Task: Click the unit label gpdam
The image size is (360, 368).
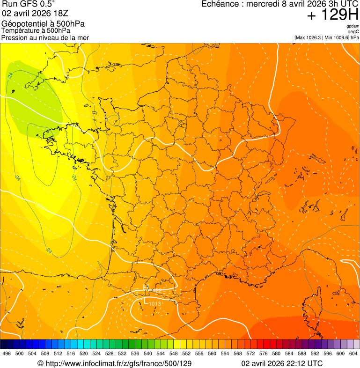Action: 353,26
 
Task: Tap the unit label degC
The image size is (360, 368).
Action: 353,31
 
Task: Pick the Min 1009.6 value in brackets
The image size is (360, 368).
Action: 336,37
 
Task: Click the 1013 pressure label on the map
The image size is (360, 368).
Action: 155,304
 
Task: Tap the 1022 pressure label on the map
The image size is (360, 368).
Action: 156,291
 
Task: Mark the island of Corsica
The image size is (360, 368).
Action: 311,309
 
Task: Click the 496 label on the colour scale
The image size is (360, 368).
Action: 7,353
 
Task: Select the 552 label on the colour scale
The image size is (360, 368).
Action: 186,353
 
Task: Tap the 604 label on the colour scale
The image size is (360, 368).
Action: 353,353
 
